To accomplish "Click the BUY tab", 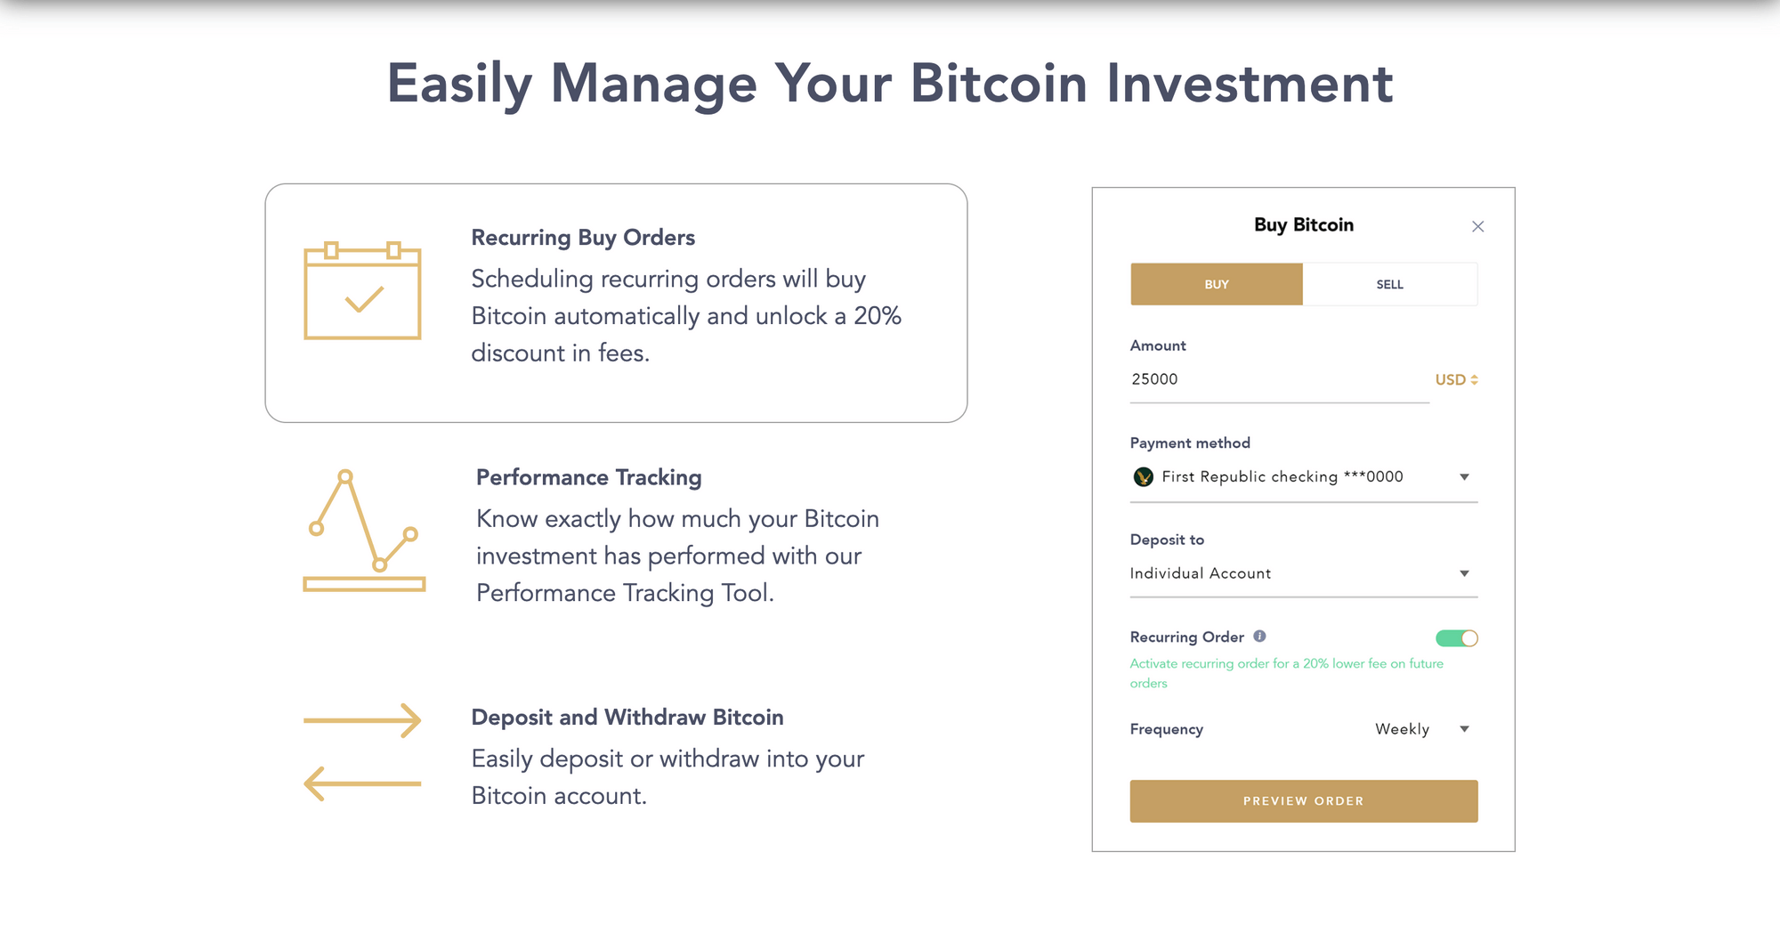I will coord(1216,284).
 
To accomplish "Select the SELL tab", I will coord(1389,284).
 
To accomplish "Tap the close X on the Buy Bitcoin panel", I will coord(1477,226).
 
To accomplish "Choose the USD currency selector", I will coord(1456,379).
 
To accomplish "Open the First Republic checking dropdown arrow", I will coord(1464,477).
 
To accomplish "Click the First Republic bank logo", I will coord(1143,477).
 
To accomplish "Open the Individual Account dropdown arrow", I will coord(1464,573).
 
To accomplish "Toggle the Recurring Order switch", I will coord(1456,638).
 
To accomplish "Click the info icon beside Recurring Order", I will coord(1259,637).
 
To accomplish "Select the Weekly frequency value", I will coord(1402,729).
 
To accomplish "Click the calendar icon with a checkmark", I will coord(362,291).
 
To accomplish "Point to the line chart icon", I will coord(363,530).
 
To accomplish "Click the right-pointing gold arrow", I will coord(362,720).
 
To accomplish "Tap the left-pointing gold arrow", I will coord(362,783).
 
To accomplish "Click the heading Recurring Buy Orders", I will coord(583,238).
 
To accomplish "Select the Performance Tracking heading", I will coord(588,477).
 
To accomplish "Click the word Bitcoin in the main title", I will coord(999,84).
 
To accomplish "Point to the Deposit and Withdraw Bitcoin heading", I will coord(627,718).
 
